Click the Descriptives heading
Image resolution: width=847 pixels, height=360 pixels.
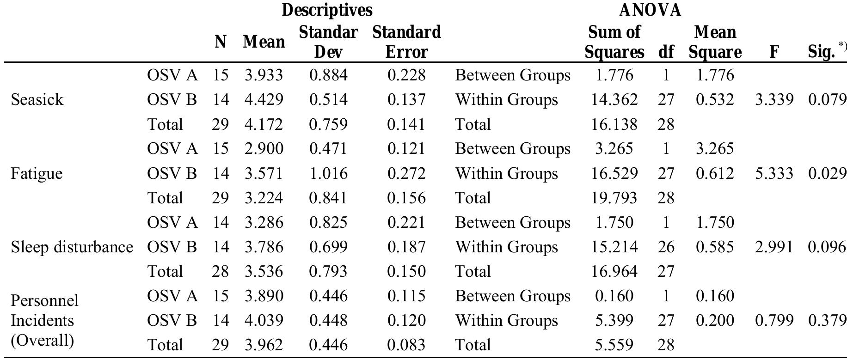click(x=327, y=10)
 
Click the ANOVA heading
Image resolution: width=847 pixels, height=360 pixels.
click(x=650, y=10)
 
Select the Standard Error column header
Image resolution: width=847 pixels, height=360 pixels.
click(x=406, y=42)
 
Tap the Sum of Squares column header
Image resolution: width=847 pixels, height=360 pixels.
click(x=614, y=42)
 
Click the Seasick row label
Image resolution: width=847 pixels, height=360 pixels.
click(x=37, y=100)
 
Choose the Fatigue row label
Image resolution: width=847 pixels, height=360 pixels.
click(x=37, y=173)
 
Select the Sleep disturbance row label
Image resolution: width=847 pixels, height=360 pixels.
click(x=72, y=247)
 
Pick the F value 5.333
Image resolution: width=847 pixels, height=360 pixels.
click(x=774, y=173)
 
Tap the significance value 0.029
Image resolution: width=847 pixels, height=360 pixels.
click(x=827, y=173)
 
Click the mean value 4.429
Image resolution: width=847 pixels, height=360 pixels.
click(x=264, y=100)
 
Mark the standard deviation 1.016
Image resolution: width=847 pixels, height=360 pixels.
click(x=328, y=173)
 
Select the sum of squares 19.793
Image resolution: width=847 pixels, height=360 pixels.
click(x=614, y=198)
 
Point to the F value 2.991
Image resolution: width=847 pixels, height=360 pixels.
click(x=774, y=247)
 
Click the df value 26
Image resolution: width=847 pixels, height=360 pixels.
click(x=666, y=247)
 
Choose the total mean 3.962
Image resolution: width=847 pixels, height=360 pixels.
click(x=264, y=345)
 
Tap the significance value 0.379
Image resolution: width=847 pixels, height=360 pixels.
click(x=827, y=320)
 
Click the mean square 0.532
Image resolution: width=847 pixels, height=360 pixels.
click(x=715, y=100)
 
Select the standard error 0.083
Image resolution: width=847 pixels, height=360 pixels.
click(x=406, y=345)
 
